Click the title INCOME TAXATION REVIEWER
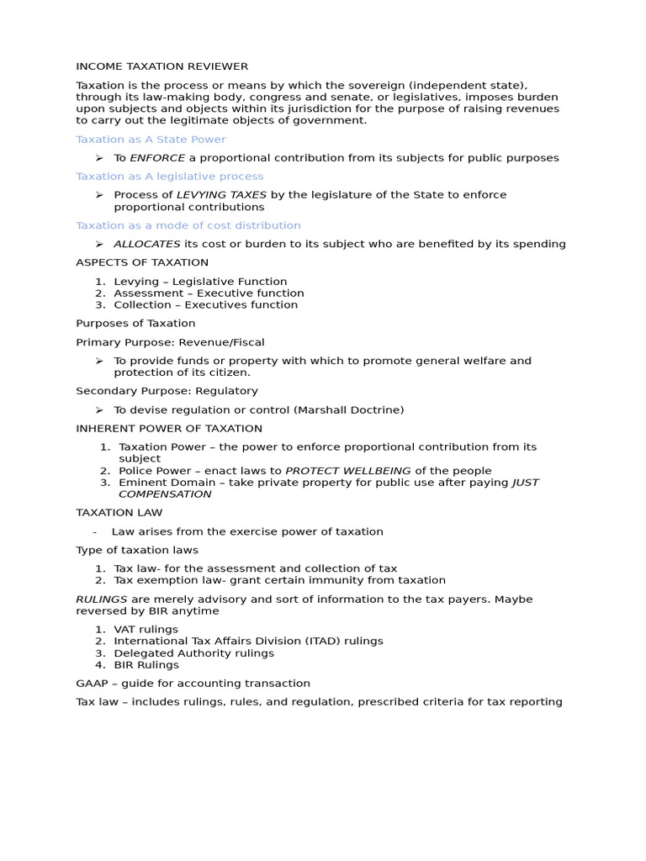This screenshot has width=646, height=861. pos(161,66)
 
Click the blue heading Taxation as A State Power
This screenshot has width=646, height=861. pos(151,140)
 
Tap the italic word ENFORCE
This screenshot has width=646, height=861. pos(157,158)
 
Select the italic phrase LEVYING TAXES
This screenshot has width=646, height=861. pos(221,195)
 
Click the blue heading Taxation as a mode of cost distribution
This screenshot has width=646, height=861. pos(188,225)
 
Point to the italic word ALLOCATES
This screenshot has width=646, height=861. pos(146,244)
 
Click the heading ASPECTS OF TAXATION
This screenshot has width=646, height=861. pos(142,262)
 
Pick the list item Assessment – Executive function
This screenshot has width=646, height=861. pos(209,293)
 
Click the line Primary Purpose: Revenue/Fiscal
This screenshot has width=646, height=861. pos(170,342)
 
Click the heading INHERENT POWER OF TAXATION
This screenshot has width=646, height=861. pos(169,429)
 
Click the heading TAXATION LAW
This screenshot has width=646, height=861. pos(119,513)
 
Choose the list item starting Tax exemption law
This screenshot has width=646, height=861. pos(279,580)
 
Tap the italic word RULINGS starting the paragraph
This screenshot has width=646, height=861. pos(102,600)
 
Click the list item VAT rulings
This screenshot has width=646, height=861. pos(146,629)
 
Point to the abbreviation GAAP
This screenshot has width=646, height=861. pos(91,684)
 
